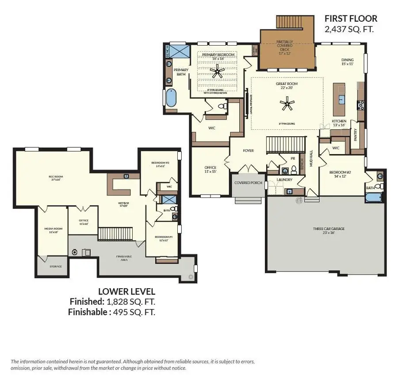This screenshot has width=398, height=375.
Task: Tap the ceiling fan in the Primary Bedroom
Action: (217, 70)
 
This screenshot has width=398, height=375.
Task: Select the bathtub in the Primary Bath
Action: (171, 98)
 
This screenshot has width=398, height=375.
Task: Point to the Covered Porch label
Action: (249, 183)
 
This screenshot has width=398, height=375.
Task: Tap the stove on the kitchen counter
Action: (360, 105)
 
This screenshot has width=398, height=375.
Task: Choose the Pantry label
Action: (356, 135)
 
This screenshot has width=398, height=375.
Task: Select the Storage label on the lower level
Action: (55, 266)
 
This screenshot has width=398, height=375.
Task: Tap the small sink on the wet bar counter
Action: (126, 176)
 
